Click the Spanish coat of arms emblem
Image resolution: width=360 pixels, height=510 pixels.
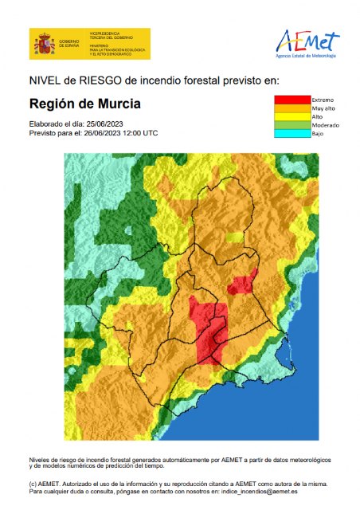click(x=42, y=45)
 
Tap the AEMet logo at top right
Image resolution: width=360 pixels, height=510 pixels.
click(x=307, y=41)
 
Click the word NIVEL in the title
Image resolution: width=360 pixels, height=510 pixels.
click(x=46, y=80)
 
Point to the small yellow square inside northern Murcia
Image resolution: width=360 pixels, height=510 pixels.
click(x=233, y=237)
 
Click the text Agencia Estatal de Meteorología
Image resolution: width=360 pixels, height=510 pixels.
click(x=307, y=57)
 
